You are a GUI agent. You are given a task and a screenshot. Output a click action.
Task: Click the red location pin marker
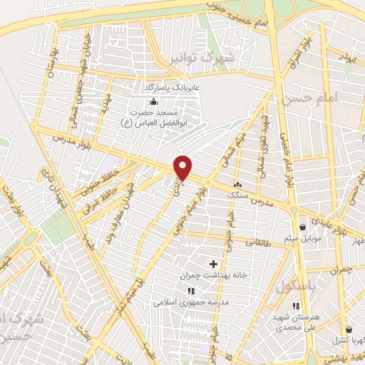[x=183, y=168]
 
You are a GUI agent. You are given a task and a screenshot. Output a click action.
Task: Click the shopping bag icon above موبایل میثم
[x=304, y=220]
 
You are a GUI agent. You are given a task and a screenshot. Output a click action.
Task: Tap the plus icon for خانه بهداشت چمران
[x=212, y=264]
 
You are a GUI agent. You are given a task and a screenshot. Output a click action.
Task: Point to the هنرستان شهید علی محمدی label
[x=294, y=322]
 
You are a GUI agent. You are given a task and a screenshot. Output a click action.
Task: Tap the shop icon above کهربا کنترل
[x=349, y=329]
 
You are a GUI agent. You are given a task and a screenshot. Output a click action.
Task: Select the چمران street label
[x=342, y=271]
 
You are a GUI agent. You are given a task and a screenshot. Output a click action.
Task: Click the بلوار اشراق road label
[x=299, y=47]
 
